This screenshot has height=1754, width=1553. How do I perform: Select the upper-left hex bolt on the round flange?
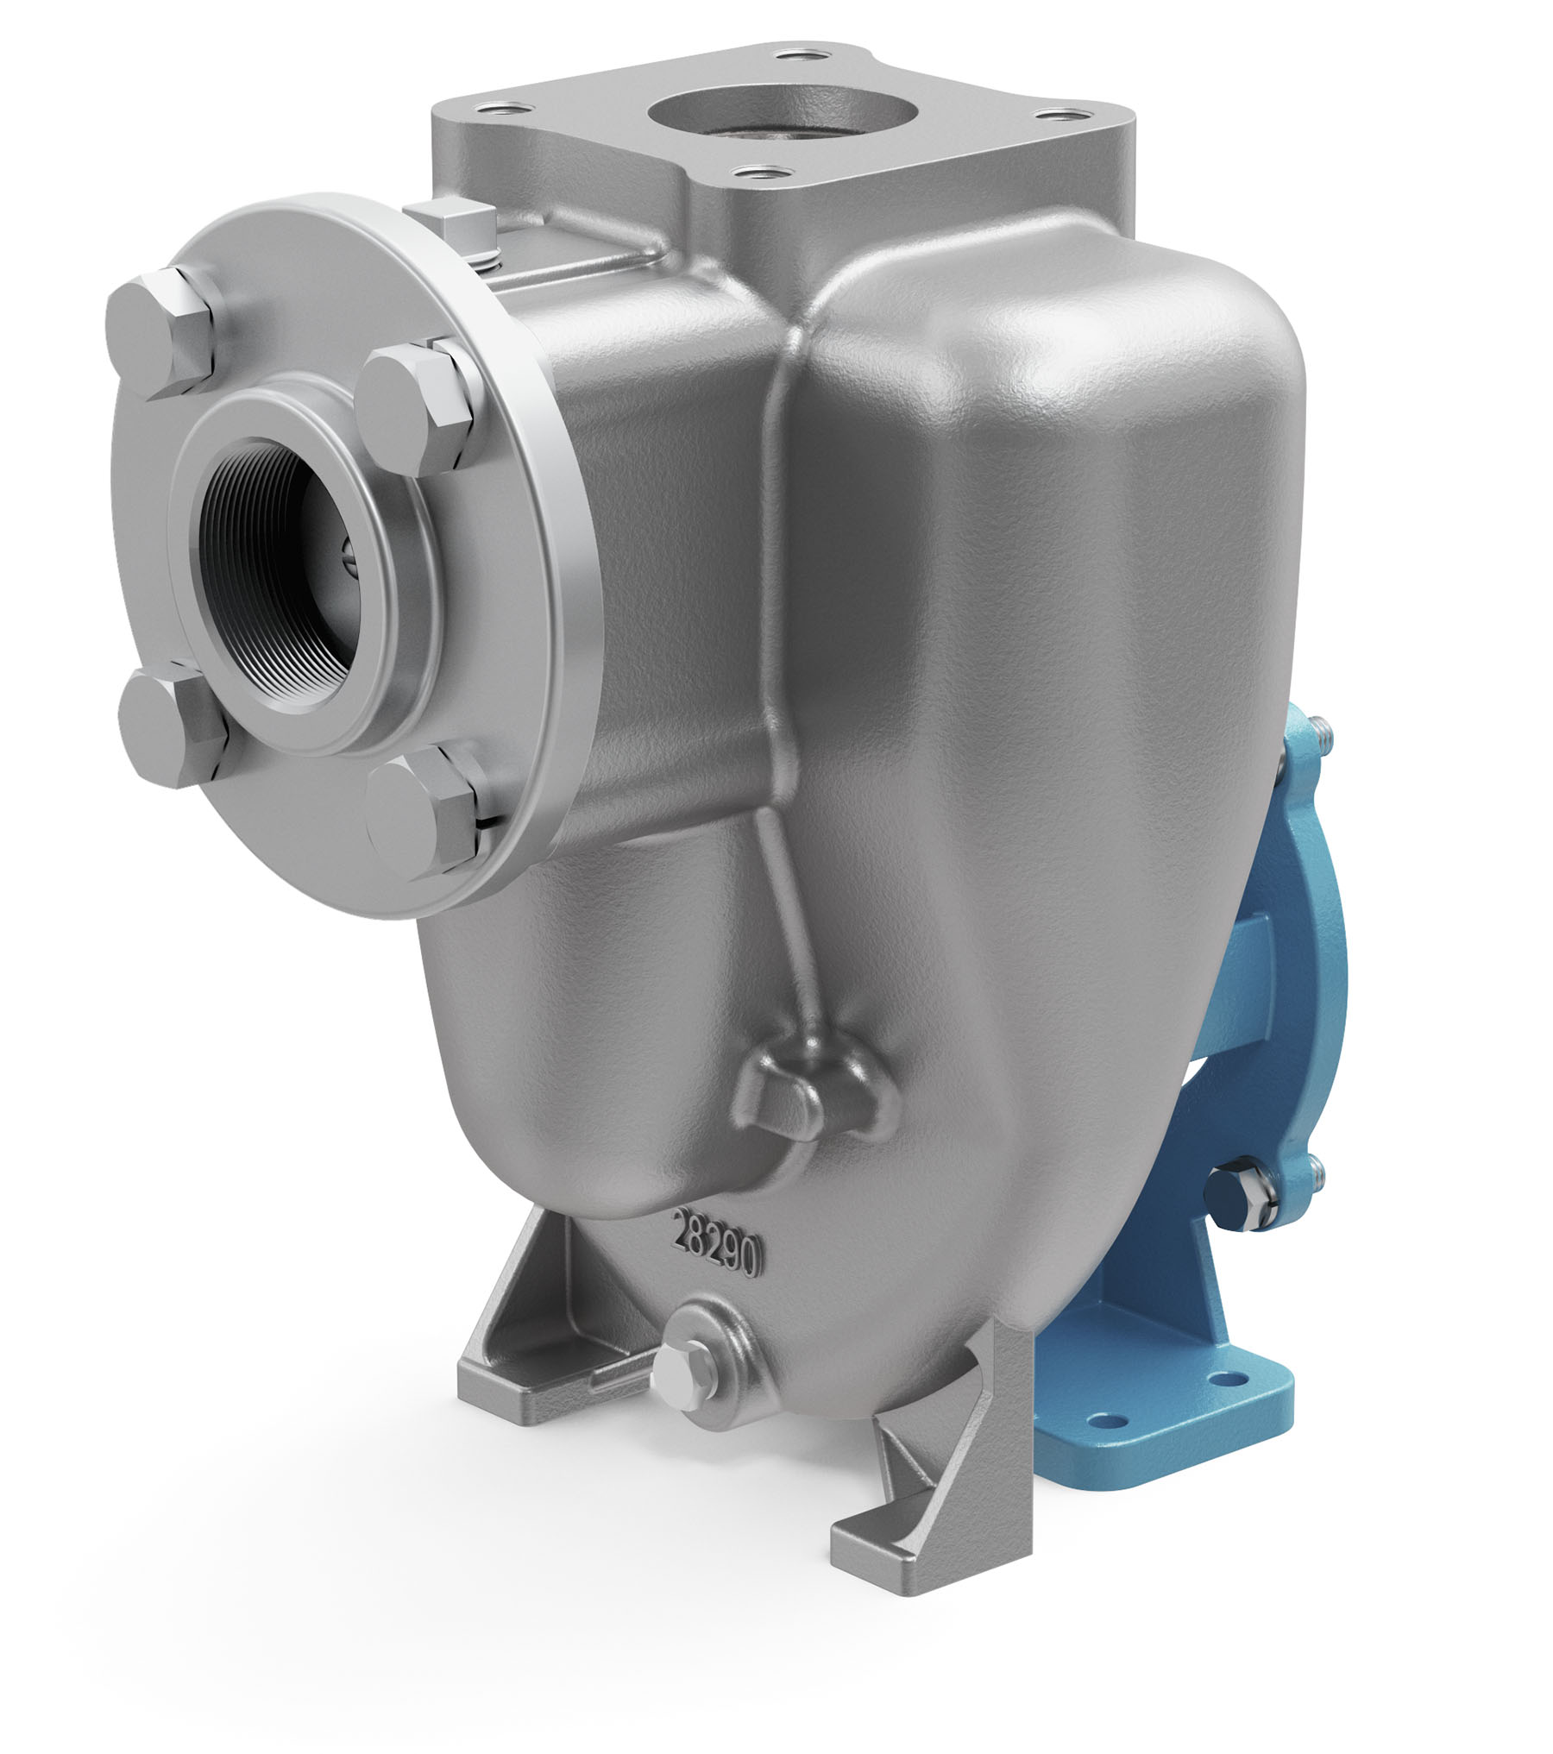(160, 333)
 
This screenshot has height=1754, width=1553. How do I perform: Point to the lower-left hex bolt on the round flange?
(173, 721)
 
